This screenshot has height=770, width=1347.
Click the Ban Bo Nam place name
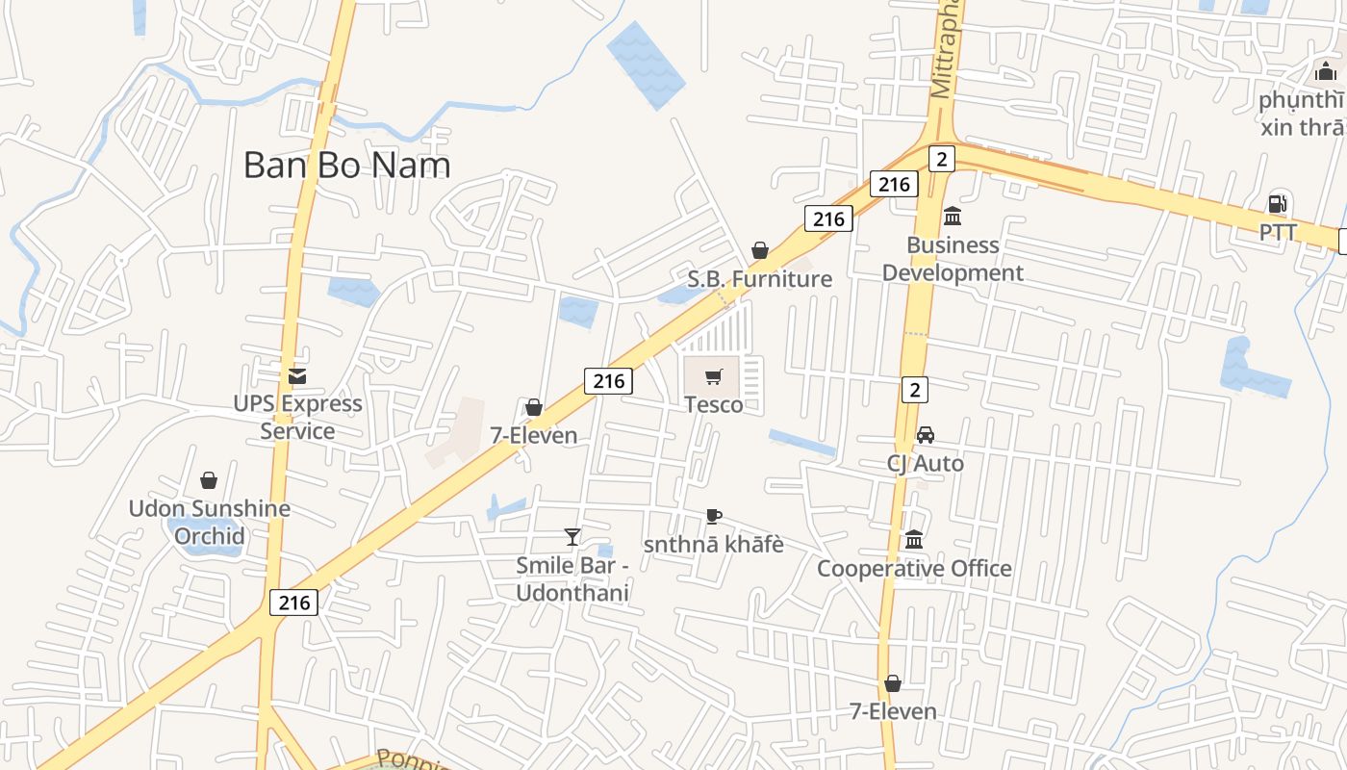(346, 165)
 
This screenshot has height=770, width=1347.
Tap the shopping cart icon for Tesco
(713, 376)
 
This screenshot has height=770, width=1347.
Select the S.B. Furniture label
(759, 279)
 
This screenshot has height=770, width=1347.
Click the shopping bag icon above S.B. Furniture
(760, 251)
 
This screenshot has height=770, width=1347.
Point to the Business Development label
(953, 259)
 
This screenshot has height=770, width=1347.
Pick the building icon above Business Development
(953, 216)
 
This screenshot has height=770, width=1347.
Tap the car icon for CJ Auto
(925, 435)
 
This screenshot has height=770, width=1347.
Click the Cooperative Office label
(914, 569)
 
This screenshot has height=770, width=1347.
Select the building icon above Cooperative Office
(914, 540)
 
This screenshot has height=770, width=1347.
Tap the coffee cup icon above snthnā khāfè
(713, 517)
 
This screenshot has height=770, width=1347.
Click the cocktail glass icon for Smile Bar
(572, 537)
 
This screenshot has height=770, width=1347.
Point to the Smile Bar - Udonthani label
(572, 578)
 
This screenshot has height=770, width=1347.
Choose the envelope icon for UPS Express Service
(297, 375)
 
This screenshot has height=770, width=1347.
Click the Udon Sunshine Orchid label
(210, 522)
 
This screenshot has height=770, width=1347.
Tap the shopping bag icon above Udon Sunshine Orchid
(209, 480)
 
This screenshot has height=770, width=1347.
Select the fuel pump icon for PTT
(1278, 203)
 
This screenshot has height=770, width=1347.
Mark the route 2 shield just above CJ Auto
(915, 390)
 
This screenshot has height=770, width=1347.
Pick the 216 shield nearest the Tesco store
(608, 381)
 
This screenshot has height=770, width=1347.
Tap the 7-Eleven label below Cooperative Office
(893, 711)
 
